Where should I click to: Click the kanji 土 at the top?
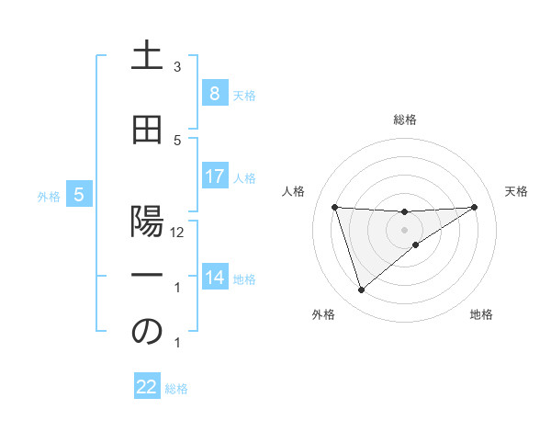147,56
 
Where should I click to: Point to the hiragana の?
147,332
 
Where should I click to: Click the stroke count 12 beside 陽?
177,233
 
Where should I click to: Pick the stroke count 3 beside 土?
177,67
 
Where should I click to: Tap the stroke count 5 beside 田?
177,141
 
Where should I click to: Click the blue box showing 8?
214,93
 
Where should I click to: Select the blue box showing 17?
214,176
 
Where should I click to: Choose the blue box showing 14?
214,278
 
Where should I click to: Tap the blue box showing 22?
147,387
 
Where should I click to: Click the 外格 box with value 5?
79,195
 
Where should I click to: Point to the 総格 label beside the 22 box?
176,389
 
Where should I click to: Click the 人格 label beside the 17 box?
245,178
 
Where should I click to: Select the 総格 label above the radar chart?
405,119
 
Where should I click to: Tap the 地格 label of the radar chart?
481,315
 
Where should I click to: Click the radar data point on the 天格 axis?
475,207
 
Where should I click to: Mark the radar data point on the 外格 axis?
361,290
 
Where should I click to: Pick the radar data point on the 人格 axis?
334,207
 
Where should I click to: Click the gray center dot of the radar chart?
404,229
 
